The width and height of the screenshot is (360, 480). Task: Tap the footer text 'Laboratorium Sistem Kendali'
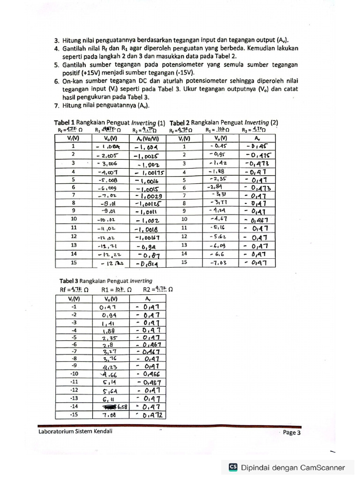[75, 432]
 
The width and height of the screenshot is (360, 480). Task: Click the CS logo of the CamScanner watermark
[233, 467]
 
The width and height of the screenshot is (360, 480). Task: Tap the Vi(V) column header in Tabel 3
[73, 299]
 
